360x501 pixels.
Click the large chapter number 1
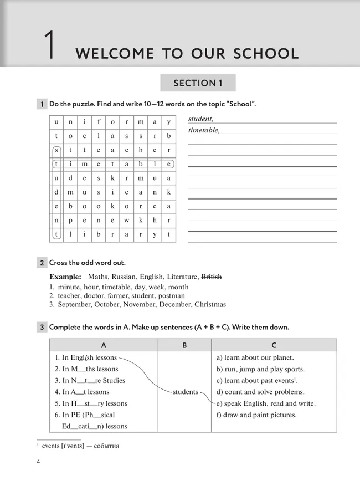click(x=50, y=47)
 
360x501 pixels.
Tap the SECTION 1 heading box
click(x=198, y=83)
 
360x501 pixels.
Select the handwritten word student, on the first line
click(x=201, y=119)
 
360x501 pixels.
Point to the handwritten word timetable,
click(x=204, y=130)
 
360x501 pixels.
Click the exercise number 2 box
click(x=42, y=263)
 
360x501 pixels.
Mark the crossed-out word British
click(x=211, y=277)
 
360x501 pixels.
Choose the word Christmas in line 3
click(x=210, y=304)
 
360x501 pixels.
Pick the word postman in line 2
click(x=172, y=296)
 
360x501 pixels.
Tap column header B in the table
click(x=184, y=345)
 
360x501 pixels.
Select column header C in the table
click(x=274, y=345)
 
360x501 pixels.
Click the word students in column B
click(x=185, y=392)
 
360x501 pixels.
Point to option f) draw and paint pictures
click(x=256, y=415)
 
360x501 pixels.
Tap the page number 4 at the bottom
click(x=38, y=462)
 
